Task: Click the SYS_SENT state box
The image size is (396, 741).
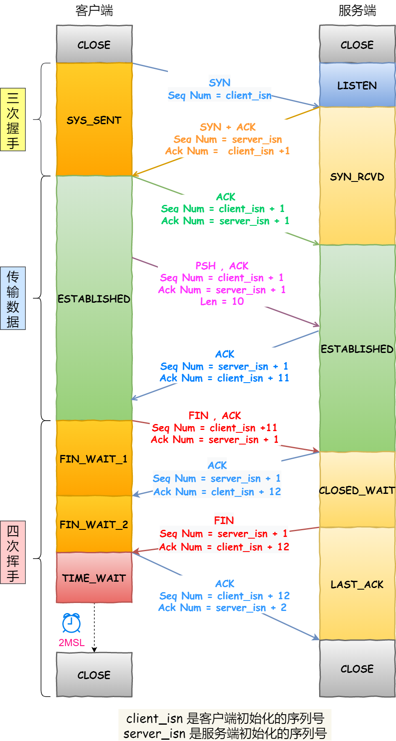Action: point(94,120)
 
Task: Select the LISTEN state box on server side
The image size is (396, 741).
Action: point(357,85)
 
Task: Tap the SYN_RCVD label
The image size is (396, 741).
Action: point(357,177)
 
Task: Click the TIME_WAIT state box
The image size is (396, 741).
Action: point(94,578)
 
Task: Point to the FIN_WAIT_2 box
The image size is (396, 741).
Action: point(94,524)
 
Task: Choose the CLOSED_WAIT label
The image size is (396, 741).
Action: point(357,490)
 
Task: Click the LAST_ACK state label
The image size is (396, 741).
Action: point(357,584)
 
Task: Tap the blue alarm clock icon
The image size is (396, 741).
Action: point(71,623)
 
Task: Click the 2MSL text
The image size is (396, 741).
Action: point(71,643)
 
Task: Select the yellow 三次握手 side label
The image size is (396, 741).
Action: point(13,120)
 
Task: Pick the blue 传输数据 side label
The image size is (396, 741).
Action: point(13,298)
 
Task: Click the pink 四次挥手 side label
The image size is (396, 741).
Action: point(13,552)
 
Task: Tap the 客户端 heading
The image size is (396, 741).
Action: point(94,10)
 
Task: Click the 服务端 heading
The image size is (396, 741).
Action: point(357,10)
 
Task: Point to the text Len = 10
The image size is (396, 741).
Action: point(222,302)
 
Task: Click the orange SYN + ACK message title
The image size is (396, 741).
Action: point(228,127)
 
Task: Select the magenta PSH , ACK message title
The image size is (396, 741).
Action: point(222,266)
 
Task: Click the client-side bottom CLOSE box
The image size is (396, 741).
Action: point(94,675)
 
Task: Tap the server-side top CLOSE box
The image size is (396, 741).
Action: point(357,44)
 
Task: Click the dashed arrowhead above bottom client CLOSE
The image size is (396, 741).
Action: point(94,649)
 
